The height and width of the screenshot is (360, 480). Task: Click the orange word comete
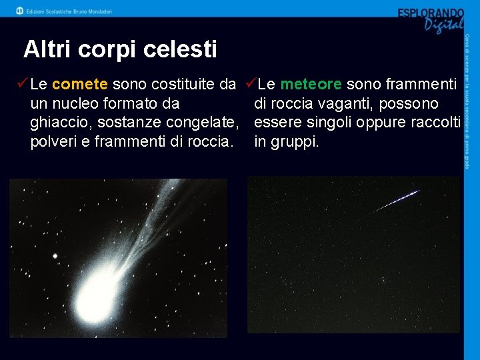[x=79, y=84]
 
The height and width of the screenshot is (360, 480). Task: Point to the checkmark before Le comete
[x=21, y=84]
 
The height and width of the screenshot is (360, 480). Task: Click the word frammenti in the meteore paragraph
[x=421, y=84]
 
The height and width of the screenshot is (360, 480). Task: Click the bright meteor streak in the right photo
[x=398, y=200]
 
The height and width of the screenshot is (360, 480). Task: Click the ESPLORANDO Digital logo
[x=430, y=19]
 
